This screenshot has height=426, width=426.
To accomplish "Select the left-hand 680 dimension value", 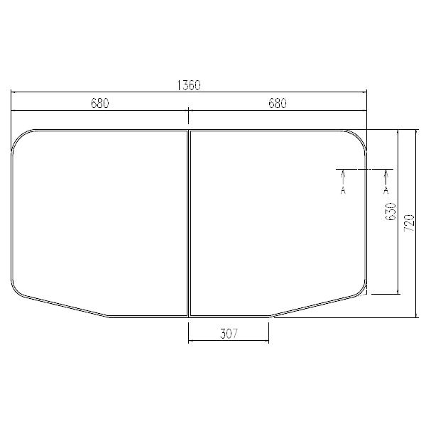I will (99, 104).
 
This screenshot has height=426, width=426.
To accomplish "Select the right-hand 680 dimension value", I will (277, 104).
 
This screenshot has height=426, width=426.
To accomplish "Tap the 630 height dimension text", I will (390, 212).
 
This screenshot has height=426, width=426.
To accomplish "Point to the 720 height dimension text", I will (408, 224).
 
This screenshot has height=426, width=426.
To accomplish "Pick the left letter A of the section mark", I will (343, 190).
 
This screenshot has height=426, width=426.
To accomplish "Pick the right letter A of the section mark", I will (386, 190).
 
